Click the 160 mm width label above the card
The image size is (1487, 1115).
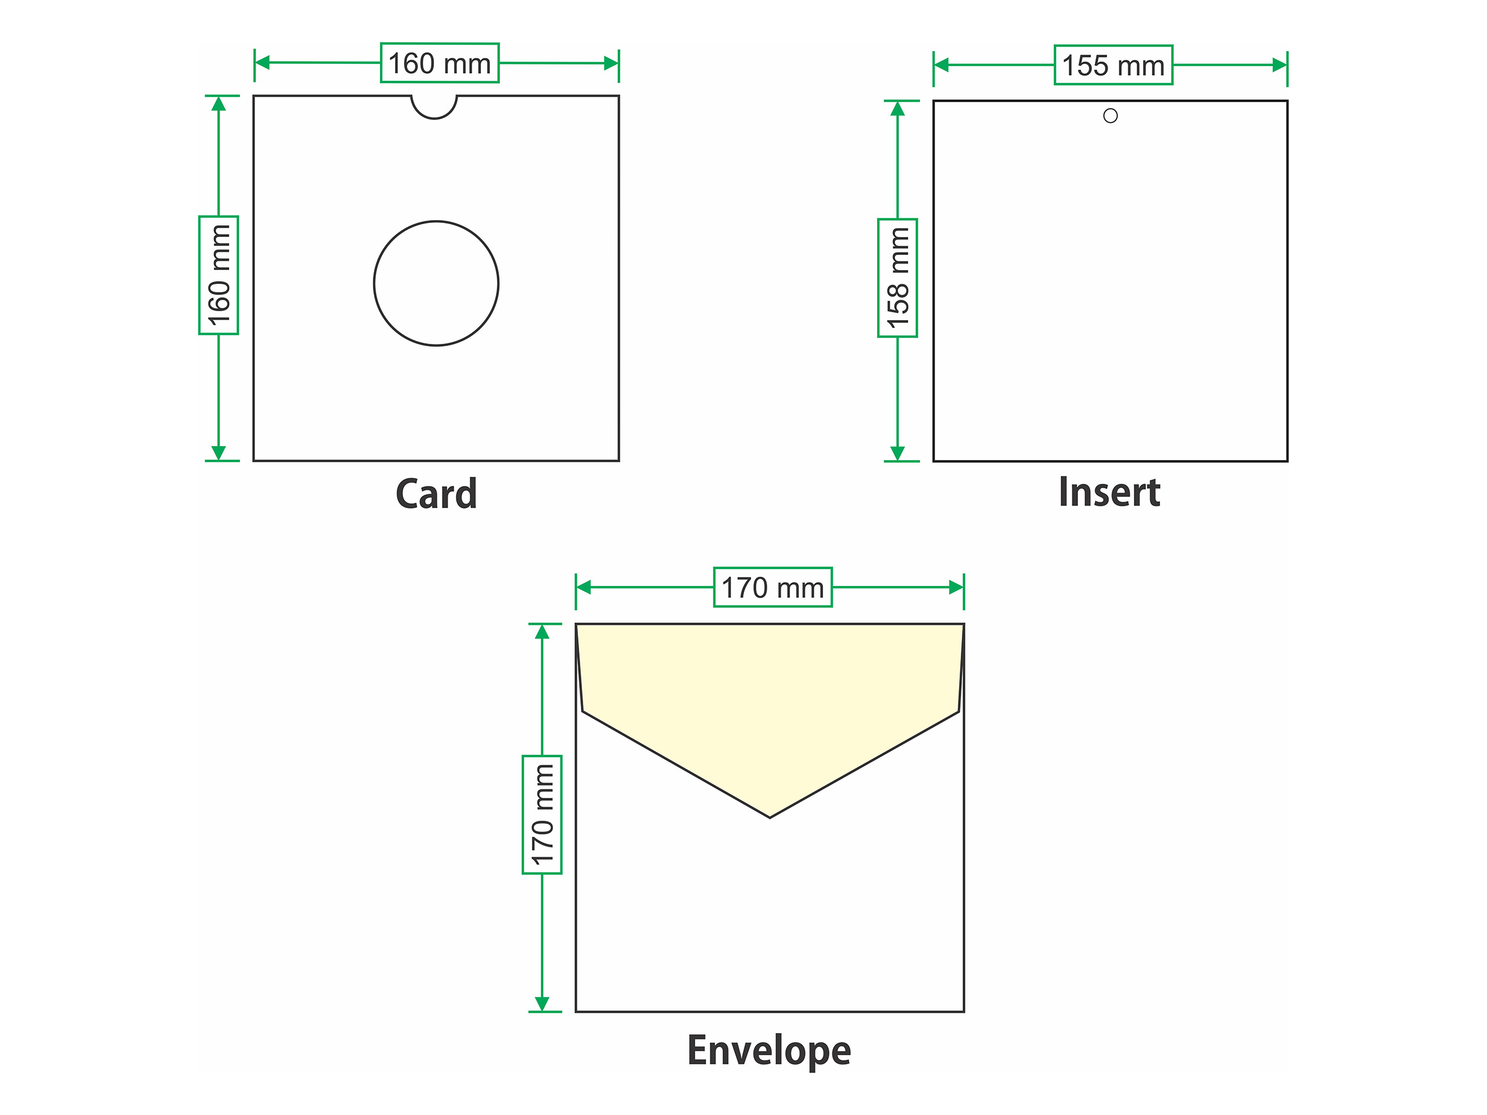click(x=440, y=63)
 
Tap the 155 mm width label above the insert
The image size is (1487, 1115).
click(x=1114, y=65)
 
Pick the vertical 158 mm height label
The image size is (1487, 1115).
click(x=897, y=278)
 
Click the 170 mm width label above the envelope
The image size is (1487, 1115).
click(x=773, y=588)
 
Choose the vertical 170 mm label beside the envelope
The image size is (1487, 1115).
click(x=542, y=815)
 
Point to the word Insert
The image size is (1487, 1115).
click(x=1109, y=492)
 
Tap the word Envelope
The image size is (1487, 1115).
click(x=769, y=1051)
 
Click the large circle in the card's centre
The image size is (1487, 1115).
click(x=436, y=283)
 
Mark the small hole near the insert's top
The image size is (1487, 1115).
click(x=1111, y=116)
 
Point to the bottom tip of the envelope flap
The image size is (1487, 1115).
click(x=770, y=816)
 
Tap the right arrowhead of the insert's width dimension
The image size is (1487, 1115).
click(x=1279, y=65)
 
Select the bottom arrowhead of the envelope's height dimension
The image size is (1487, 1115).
click(x=542, y=1003)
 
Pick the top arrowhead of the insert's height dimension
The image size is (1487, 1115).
click(x=897, y=109)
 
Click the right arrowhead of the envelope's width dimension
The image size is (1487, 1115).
click(x=956, y=588)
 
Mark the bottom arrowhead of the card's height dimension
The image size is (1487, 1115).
click(x=218, y=452)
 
